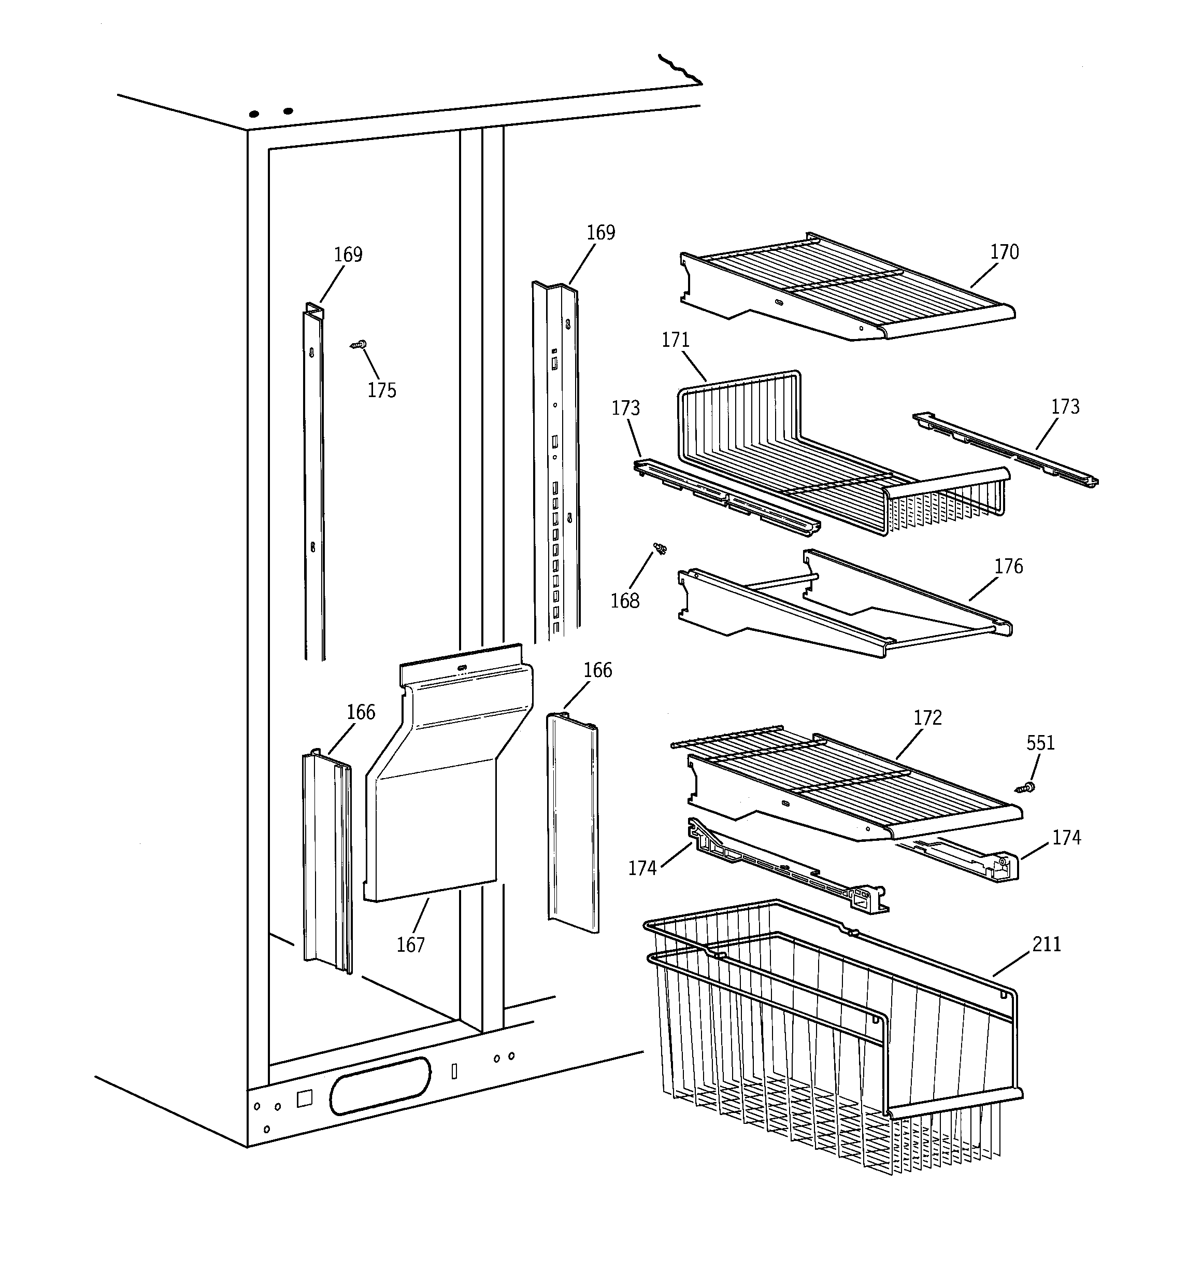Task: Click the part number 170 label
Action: click(1004, 252)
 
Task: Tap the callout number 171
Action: click(676, 340)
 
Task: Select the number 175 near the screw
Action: click(381, 390)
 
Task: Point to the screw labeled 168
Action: click(660, 549)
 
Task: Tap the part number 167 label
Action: click(410, 946)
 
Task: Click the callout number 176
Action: click(1008, 567)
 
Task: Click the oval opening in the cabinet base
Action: click(379, 1086)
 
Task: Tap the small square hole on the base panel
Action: click(305, 1098)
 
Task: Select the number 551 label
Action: click(1040, 743)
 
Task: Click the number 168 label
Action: click(624, 601)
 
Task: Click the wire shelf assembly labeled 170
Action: click(845, 287)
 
